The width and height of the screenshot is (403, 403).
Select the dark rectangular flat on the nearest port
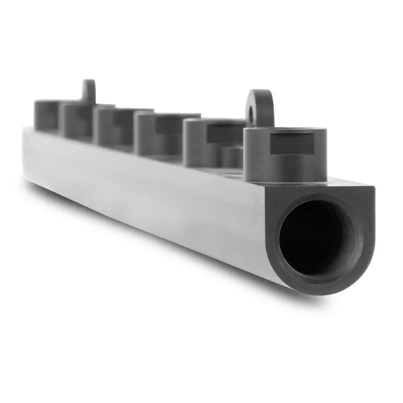click(x=293, y=144)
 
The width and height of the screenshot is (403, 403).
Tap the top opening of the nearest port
click(x=286, y=129)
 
